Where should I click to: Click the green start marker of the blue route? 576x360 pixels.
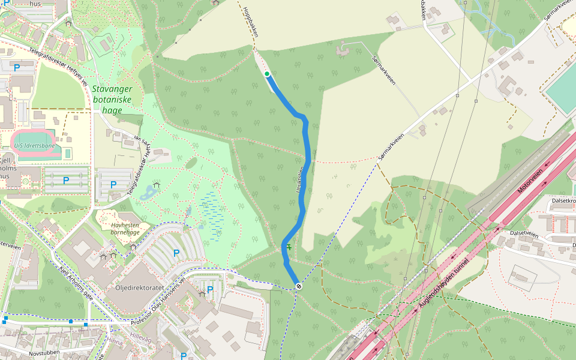pyautogui.click(x=267, y=74)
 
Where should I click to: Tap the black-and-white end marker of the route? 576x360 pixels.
pyautogui.click(x=298, y=286)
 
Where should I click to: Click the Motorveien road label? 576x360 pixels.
pyautogui.click(x=530, y=181)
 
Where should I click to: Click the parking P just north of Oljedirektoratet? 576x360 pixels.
pyautogui.click(x=176, y=253)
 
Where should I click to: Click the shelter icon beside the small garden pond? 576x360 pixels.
pyautogui.click(x=157, y=185)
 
